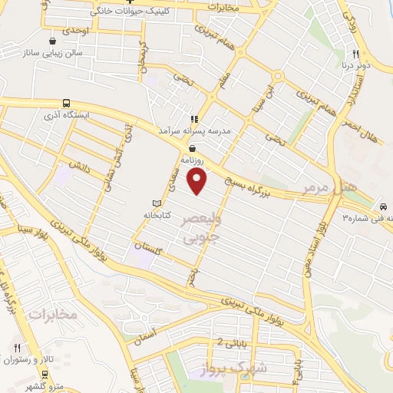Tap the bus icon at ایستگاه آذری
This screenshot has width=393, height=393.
[66, 102]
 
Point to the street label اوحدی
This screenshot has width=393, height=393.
[77, 30]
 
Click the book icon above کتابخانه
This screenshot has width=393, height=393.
[157, 204]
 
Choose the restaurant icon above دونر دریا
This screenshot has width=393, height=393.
[355, 54]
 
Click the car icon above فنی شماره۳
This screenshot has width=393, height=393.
[381, 207]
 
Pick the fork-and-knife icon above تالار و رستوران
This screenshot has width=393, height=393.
[17, 347]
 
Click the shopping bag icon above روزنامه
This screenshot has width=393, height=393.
[191, 148]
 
